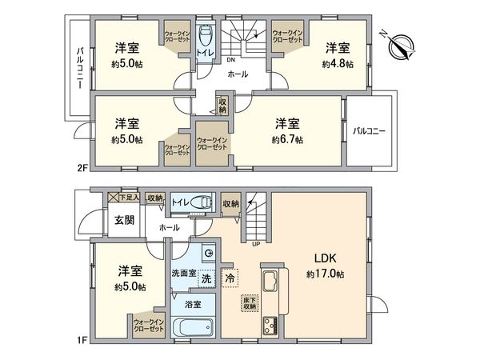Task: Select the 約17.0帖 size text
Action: pyautogui.click(x=323, y=274)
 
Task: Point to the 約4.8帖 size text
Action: pyautogui.click(x=336, y=63)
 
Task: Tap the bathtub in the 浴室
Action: pyautogui.click(x=192, y=329)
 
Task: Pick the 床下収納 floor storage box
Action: pyautogui.click(x=250, y=303)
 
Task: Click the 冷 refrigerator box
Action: pyautogui.click(x=230, y=280)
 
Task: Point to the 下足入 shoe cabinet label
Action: pyautogui.click(x=128, y=196)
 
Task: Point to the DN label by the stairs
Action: pyautogui.click(x=230, y=60)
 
